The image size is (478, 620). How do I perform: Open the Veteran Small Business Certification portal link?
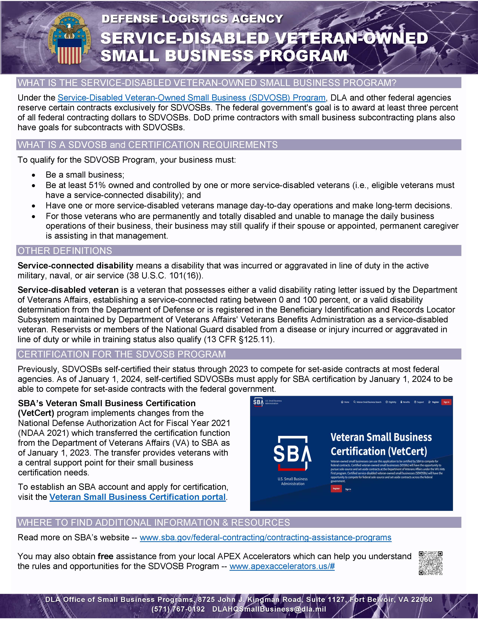(137, 497)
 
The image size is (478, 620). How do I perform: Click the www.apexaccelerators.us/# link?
(282, 566)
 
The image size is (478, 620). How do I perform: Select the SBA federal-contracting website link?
(265, 537)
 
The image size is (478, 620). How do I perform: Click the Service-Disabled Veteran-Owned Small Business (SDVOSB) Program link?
(191, 98)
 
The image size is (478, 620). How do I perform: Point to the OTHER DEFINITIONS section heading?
(65, 251)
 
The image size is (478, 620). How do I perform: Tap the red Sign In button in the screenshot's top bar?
(446, 402)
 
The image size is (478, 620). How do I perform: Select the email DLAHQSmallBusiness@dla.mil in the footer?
(269, 609)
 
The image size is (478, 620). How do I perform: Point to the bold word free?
(105, 556)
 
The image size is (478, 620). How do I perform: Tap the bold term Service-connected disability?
(75, 266)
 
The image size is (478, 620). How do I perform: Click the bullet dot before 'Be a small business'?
(34, 175)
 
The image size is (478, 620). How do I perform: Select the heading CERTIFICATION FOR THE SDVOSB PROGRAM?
(122, 354)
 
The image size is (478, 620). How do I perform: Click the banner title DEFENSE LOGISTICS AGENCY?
(192, 19)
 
